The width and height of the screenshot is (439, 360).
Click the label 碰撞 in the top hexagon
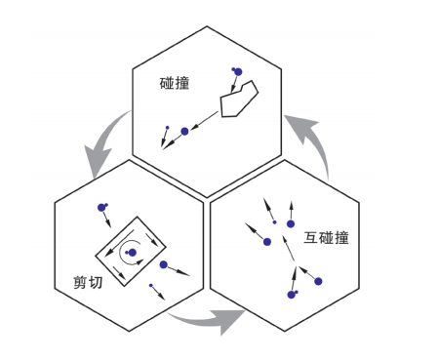coord(174,83)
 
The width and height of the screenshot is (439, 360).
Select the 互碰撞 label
coord(326,237)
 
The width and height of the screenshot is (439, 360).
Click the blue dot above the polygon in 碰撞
coord(236,70)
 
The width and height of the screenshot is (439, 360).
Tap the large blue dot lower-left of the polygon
coord(184,131)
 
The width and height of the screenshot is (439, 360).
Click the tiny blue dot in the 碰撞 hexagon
coord(166,128)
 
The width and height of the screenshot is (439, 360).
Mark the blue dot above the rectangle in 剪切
coord(101,207)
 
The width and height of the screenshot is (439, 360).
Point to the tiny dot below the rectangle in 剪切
coord(150,286)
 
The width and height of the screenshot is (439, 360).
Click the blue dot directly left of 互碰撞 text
coord(290,223)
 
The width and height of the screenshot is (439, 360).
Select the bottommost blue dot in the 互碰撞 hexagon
coord(291,294)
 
